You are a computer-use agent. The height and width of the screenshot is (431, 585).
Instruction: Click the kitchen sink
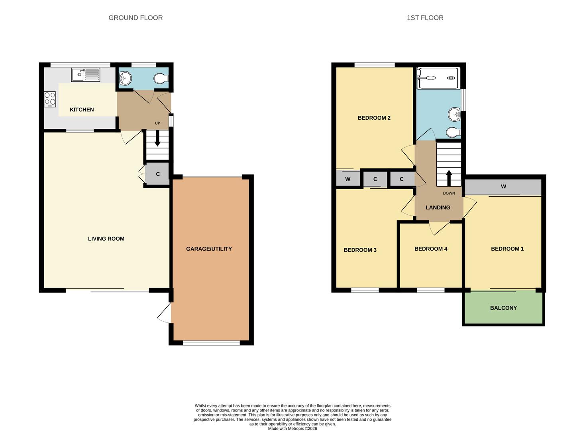point(86,75)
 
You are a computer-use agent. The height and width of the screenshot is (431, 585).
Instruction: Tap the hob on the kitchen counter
point(50,99)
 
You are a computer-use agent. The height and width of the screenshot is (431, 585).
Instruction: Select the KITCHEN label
point(82,110)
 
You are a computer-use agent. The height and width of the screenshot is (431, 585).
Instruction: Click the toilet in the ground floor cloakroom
point(161,79)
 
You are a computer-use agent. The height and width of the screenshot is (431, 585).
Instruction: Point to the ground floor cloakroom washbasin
point(125,78)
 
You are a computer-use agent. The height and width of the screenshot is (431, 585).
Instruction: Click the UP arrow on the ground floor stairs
point(157,140)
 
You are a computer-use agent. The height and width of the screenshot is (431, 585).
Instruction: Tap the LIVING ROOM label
point(106,239)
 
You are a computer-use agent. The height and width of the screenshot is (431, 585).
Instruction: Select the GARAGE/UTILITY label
point(209,249)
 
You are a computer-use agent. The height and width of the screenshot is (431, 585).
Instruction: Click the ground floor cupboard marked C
point(158,174)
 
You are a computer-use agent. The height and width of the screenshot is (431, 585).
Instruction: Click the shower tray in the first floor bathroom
point(437,78)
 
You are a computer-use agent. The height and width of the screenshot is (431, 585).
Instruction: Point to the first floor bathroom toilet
point(453,132)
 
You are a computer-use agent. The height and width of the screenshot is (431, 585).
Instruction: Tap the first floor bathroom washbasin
point(454,115)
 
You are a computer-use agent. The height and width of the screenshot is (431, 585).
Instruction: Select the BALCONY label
point(503,308)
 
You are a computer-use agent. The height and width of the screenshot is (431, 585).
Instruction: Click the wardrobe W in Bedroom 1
point(503,187)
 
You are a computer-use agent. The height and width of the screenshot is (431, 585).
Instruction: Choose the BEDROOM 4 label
point(431,249)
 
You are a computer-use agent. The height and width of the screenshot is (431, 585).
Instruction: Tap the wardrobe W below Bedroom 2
point(347,179)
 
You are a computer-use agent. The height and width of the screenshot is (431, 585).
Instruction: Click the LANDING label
point(438,208)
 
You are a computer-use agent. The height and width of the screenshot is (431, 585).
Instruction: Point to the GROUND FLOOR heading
point(135,18)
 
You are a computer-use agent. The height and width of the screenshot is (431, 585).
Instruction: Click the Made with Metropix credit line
point(292,429)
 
